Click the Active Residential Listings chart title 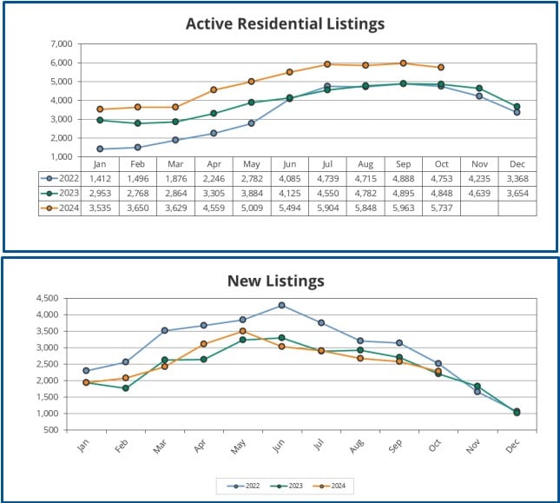285,23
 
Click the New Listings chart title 275,280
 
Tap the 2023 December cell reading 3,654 517,193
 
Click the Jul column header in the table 327,162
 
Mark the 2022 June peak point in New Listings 280,305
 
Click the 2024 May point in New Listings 243,331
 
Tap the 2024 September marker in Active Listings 403,63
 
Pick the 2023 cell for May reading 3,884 251,193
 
